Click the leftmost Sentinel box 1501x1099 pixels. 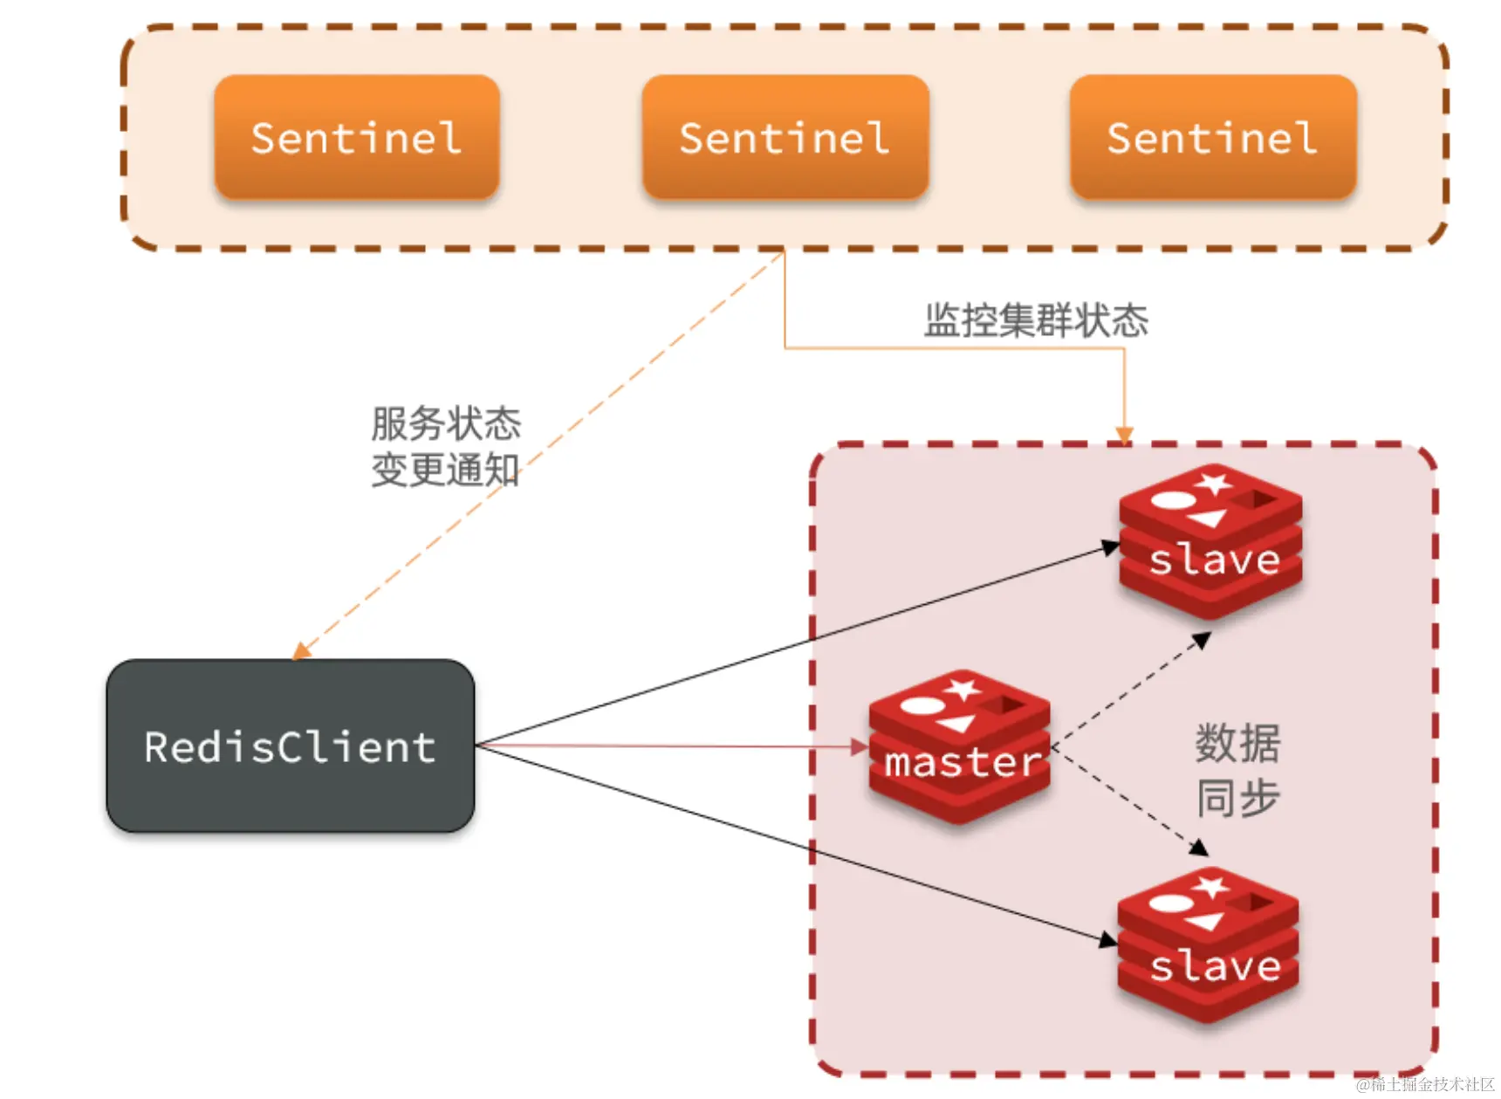(357, 137)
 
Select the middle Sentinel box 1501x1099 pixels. (785, 137)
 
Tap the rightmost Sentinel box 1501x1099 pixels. (1212, 137)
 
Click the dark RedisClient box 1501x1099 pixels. (290, 746)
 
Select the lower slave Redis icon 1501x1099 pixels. (1209, 946)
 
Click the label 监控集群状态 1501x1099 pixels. (1036, 320)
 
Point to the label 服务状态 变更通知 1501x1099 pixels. (445, 447)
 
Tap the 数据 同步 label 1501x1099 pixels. (1237, 770)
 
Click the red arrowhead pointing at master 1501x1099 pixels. (860, 746)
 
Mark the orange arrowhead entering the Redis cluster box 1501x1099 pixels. (1124, 435)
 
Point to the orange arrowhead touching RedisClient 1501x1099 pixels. (302, 650)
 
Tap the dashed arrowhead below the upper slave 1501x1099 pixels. (1202, 641)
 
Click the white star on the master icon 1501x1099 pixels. (963, 690)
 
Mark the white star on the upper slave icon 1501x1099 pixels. (1214, 483)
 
